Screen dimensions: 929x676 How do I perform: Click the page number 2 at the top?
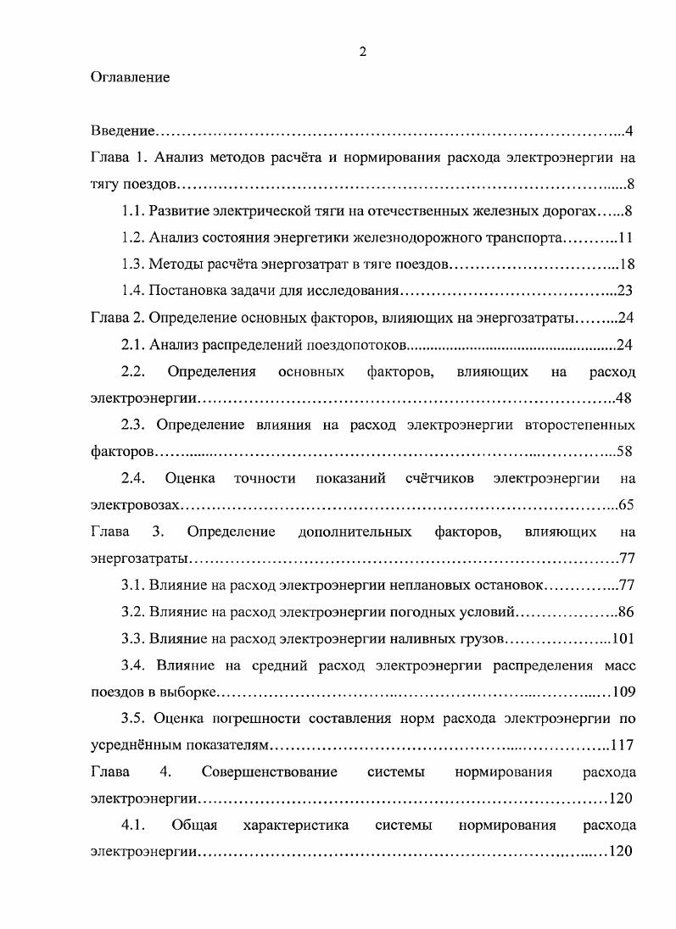362,52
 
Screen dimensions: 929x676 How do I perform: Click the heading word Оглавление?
130,78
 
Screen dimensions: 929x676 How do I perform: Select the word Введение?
123,131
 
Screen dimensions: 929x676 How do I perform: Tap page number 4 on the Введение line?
631,131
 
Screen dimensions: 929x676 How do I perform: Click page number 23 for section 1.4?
626,291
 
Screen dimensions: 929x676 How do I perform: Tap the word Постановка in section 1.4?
187,291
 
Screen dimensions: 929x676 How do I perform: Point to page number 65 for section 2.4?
627,504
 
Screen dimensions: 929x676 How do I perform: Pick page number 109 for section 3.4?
623,691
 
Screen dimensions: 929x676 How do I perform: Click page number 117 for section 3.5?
623,744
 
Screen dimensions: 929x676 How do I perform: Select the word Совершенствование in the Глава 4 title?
270,771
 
